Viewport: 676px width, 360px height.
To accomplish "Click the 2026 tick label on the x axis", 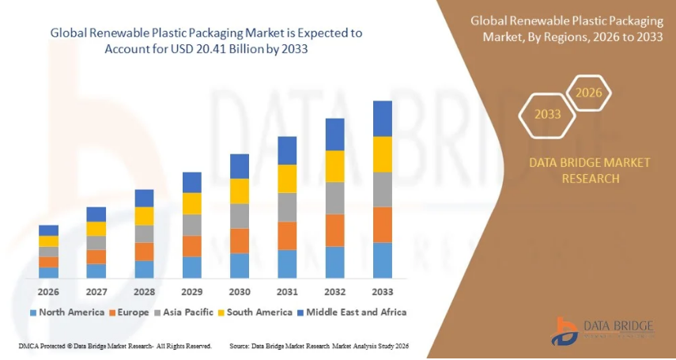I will click(48, 290).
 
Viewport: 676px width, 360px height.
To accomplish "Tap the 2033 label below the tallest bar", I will click(383, 290).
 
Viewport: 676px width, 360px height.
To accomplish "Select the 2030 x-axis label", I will click(240, 290).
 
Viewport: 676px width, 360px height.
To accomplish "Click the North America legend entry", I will click(66, 312).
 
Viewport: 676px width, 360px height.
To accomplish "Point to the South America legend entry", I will click(257, 312).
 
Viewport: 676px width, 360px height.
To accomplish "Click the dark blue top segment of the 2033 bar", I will click(383, 119).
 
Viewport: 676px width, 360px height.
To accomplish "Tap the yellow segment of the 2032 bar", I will click(335, 166).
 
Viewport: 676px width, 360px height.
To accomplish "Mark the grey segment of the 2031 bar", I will click(287, 207).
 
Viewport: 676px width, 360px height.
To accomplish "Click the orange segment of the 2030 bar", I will click(240, 241).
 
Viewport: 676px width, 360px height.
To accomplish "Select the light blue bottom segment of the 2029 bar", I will click(192, 267).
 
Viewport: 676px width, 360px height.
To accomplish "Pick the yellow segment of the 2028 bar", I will click(144, 216).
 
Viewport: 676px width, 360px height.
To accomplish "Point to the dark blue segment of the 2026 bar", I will click(48, 230).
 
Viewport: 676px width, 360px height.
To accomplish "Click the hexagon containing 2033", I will click(547, 115).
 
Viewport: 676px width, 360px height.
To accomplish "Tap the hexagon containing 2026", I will click(588, 93).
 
